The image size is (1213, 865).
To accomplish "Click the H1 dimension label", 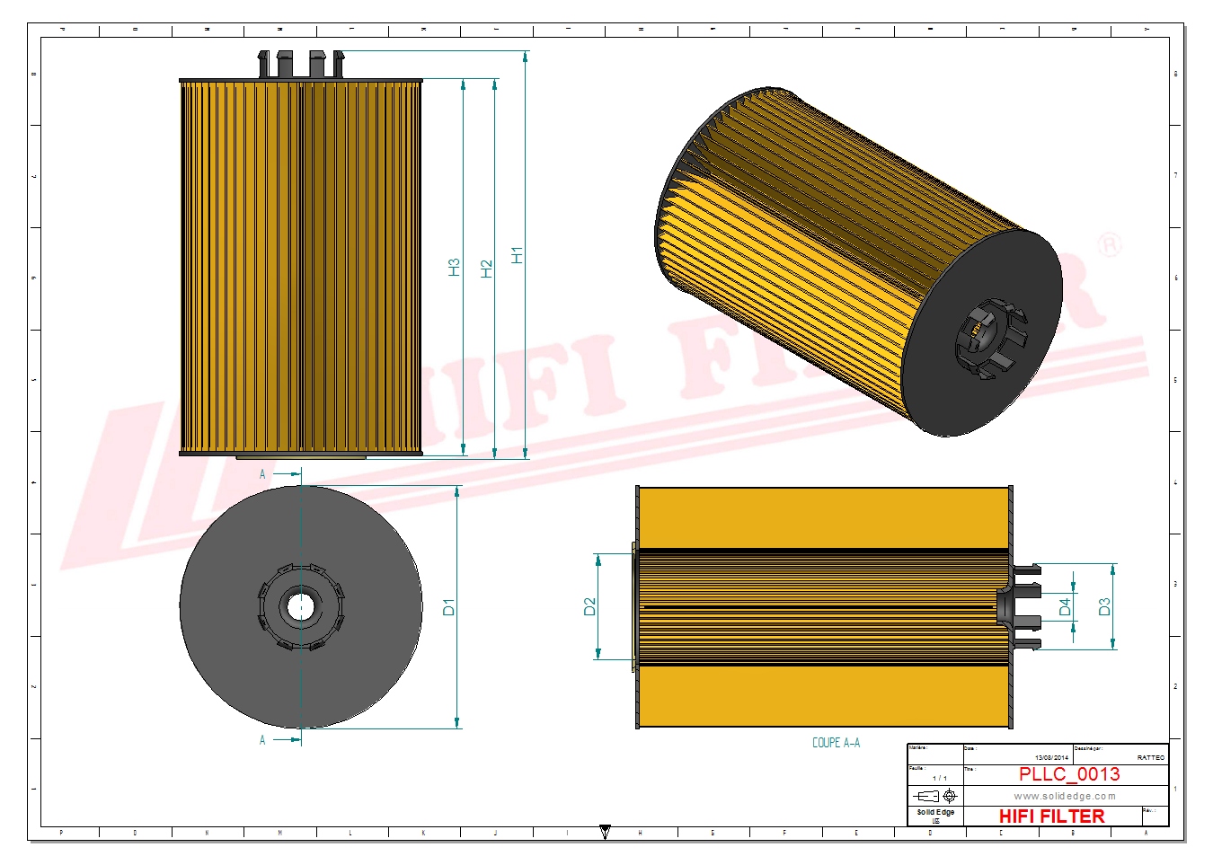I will (x=517, y=255).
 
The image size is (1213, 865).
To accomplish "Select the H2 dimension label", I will (x=486, y=268).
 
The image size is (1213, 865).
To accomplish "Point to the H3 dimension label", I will (x=454, y=267).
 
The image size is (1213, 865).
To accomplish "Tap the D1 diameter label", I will (x=448, y=607).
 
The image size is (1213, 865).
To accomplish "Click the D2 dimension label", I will (x=589, y=606).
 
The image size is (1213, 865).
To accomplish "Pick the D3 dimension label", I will (x=1104, y=606).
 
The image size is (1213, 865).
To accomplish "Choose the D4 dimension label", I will (x=1065, y=607).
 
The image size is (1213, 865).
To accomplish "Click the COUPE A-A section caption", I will (x=836, y=743).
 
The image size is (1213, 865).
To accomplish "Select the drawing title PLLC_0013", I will (x=1068, y=774).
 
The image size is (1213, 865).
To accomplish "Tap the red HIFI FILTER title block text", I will (x=1051, y=816).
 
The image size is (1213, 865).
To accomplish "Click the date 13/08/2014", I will (x=1051, y=758).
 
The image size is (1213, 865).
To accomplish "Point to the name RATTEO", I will (x=1150, y=758).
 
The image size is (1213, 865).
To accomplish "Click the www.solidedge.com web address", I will (x=1065, y=796).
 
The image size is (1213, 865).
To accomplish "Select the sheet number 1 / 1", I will (x=939, y=778).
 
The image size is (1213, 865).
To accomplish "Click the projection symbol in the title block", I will (x=935, y=796).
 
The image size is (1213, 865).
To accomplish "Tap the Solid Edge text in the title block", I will (x=935, y=812).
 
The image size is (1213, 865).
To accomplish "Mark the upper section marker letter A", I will (x=262, y=473).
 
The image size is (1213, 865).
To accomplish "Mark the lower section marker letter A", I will (x=262, y=740).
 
